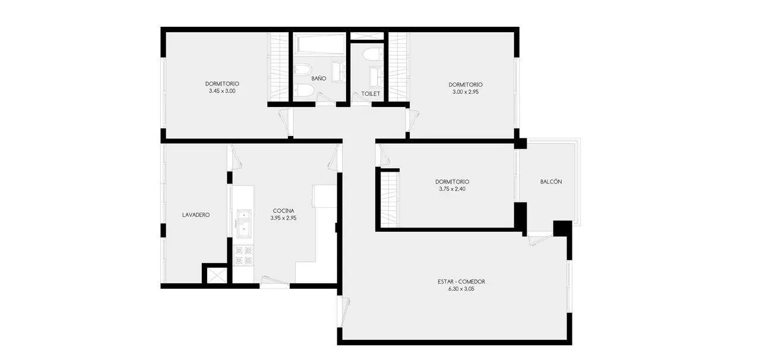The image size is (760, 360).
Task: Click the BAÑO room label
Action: coord(319,78)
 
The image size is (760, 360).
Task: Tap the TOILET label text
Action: coord(370,94)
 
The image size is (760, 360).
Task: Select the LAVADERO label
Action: coord(196,215)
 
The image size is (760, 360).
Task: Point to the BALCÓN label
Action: coord(550,182)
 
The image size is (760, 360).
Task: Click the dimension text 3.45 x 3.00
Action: coord(222,91)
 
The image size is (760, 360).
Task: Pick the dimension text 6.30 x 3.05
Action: coord(461,289)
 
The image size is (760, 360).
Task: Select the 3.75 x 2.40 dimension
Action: coord(452,189)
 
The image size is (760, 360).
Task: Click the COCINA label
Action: coord(283,211)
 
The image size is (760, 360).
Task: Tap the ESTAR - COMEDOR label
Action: coord(461,282)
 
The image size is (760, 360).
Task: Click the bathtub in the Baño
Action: coord(319,44)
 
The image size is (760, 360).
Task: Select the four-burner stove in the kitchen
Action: coord(243,255)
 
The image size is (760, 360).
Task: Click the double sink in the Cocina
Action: coord(244,223)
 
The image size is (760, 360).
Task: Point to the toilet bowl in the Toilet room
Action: coord(372,54)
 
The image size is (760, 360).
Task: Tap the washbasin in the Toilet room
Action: coord(376,77)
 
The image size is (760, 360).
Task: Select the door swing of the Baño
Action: coord(326,98)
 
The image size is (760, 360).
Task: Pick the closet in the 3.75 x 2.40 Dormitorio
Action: coord(389,200)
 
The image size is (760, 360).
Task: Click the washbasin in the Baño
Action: coord(338,71)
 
